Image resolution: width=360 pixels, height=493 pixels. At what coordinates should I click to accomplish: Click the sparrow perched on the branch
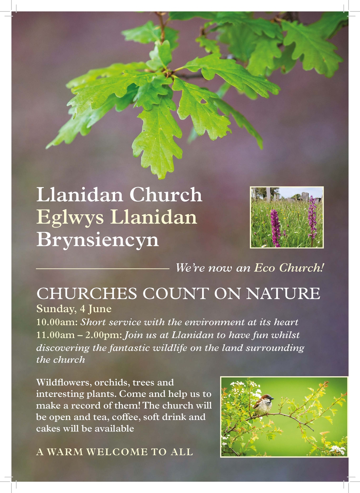pyautogui.click(x=263, y=405)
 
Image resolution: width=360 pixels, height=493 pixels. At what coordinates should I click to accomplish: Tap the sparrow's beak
pyautogui.click(x=273, y=398)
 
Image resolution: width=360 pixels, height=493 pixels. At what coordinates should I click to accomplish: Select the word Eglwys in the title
pyautogui.click(x=70, y=218)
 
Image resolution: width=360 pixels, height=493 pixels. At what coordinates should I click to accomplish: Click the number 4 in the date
pyautogui.click(x=82, y=309)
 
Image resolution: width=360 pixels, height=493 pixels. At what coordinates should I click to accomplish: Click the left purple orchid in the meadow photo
pyautogui.click(x=275, y=228)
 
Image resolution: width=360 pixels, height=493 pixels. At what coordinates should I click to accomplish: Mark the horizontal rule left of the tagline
pyautogui.click(x=103, y=269)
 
